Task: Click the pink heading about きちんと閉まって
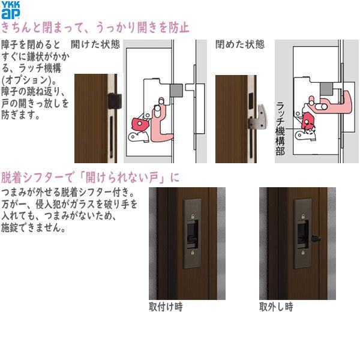[96, 28]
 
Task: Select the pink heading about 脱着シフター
[91, 178]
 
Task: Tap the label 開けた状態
[95, 45]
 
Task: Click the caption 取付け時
[166, 307]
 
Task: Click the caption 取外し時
[276, 307]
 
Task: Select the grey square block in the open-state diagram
[178, 89]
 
